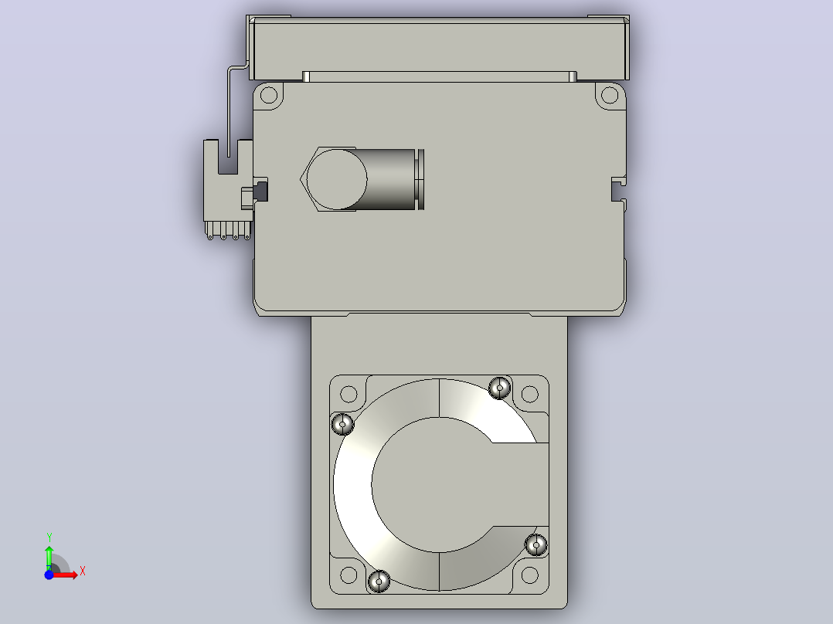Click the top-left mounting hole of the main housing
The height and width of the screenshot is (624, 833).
(x=269, y=96)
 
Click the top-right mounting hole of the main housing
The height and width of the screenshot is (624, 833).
(x=610, y=96)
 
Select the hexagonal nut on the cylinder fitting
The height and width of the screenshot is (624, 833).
(x=328, y=179)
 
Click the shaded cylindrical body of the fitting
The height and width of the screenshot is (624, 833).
(x=389, y=179)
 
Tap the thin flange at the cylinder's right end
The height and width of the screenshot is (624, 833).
(x=420, y=179)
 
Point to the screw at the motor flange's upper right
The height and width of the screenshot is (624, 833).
(x=499, y=388)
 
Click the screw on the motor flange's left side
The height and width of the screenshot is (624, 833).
(x=342, y=424)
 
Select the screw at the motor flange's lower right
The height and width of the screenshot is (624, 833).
(x=536, y=545)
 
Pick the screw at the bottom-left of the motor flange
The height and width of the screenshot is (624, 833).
(x=379, y=581)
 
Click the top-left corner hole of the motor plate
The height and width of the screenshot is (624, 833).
(x=348, y=394)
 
